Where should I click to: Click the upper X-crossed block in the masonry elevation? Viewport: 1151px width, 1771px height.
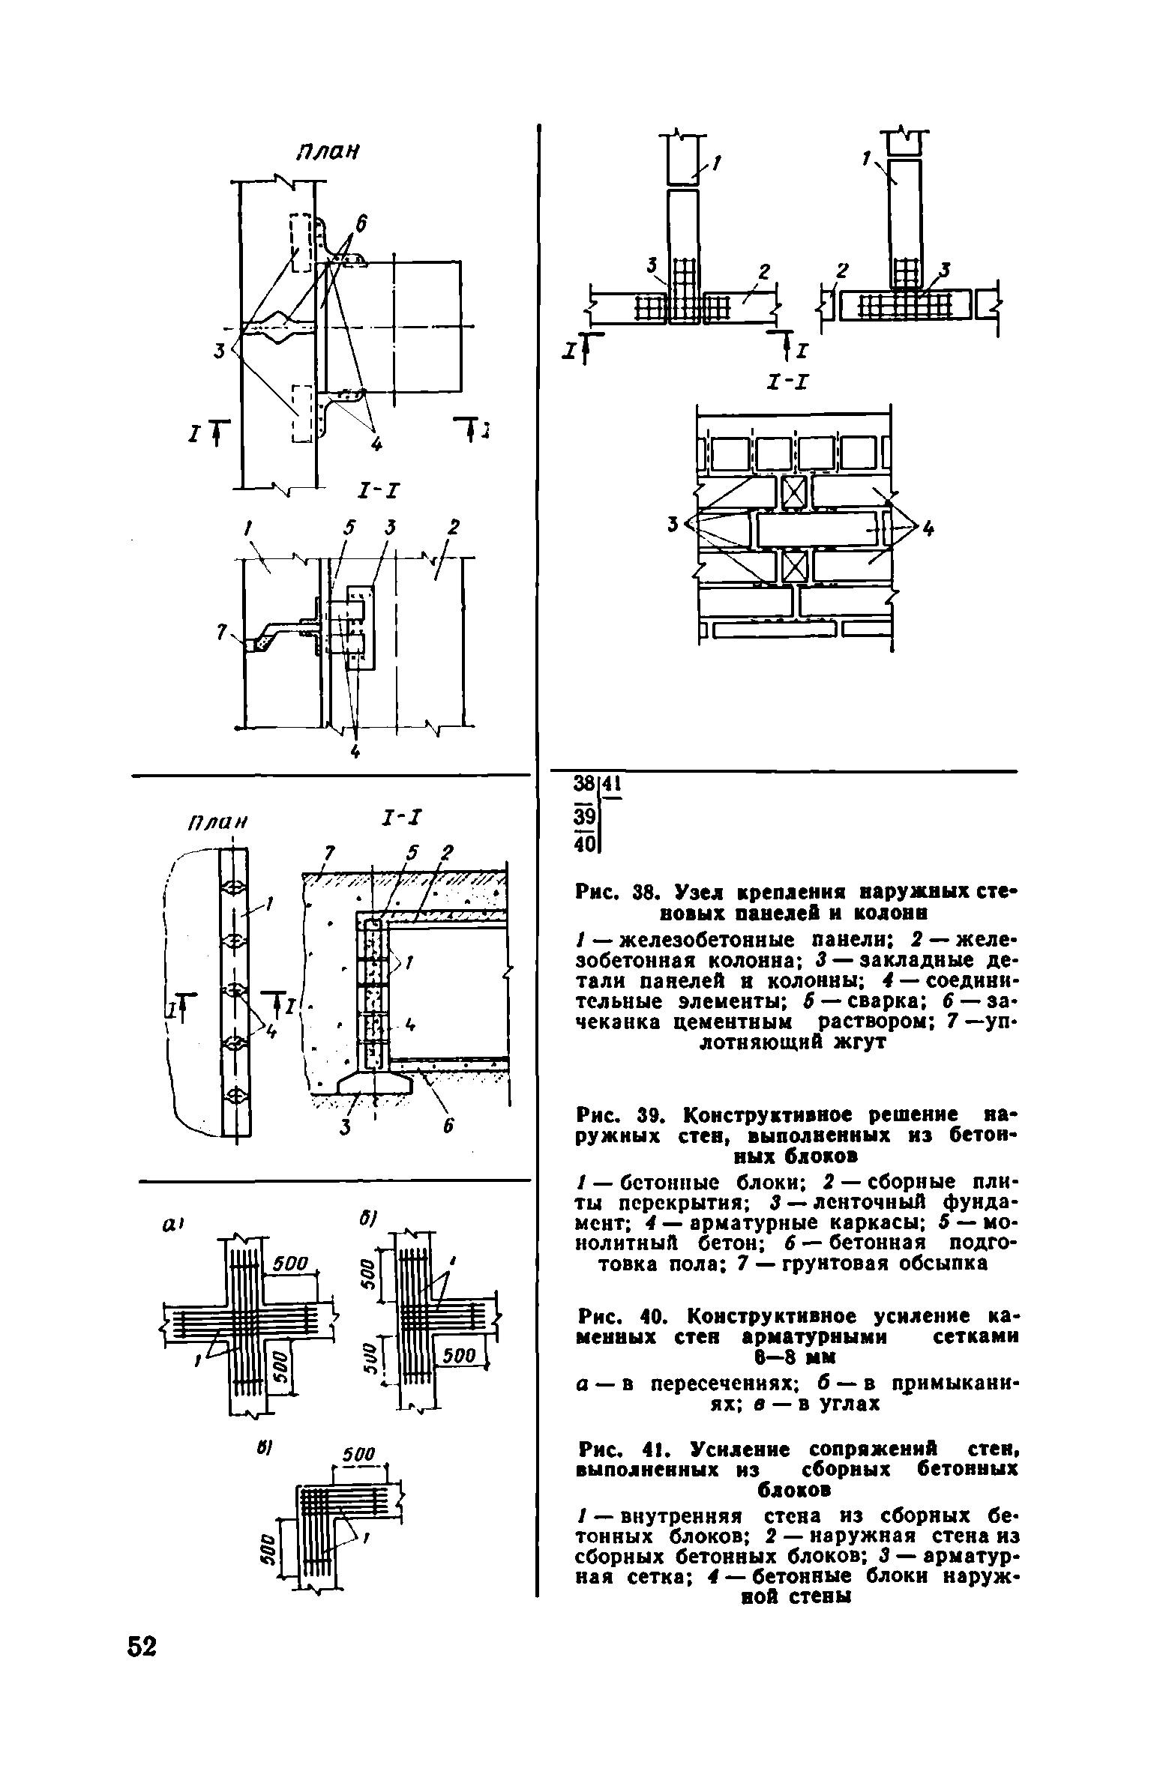click(x=793, y=492)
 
